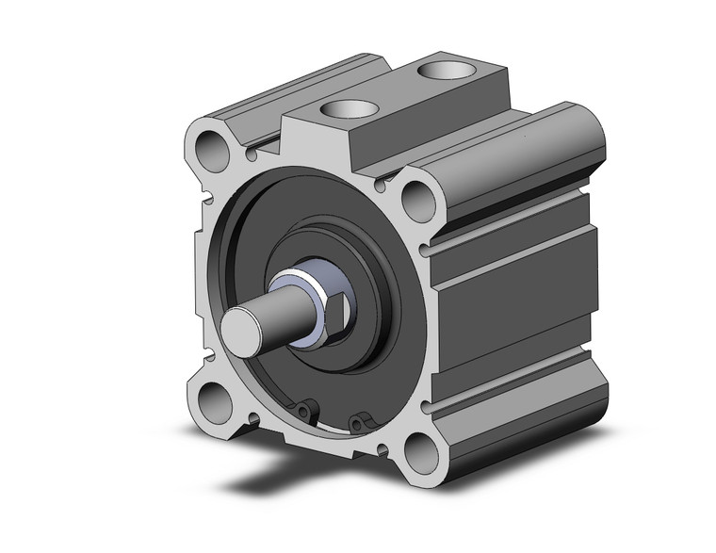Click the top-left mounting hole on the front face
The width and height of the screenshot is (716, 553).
click(x=213, y=148)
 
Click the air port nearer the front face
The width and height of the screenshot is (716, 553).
click(x=343, y=107)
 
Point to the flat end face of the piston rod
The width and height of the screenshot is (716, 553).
click(x=242, y=333)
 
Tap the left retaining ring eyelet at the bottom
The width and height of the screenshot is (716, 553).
click(x=302, y=411)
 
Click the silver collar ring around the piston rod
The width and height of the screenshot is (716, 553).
click(x=294, y=284)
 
